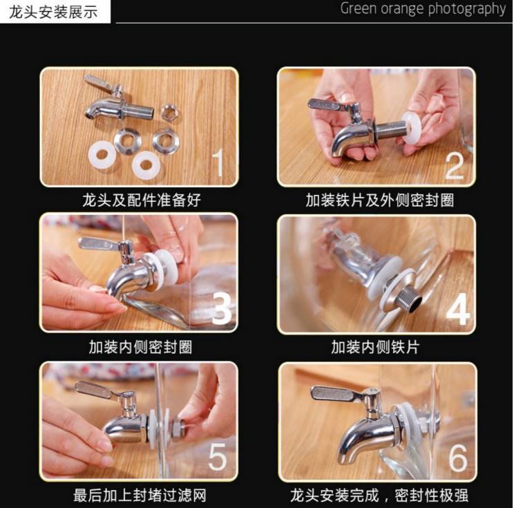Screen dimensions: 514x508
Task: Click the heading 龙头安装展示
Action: tap(53, 12)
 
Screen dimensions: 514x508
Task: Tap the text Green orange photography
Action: tap(423, 9)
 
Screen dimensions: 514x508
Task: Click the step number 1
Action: tap(218, 162)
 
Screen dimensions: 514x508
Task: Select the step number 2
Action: tap(455, 166)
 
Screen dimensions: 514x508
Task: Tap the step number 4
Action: tap(458, 310)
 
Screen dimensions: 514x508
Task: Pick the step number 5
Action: tap(218, 457)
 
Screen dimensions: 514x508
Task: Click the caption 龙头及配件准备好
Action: tap(142, 200)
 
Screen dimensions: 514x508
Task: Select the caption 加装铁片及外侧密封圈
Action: tap(379, 200)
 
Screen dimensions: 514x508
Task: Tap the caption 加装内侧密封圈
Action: tap(141, 347)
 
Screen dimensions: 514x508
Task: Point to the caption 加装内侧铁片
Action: tap(375, 347)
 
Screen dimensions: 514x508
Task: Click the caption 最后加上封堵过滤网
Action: tap(140, 495)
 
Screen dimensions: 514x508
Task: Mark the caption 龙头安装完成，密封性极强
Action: tap(379, 495)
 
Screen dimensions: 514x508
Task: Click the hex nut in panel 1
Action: tap(171, 112)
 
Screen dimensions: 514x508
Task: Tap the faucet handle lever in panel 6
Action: tap(338, 394)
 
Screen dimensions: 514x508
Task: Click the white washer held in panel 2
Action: tap(412, 128)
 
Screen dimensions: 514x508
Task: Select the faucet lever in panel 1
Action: tap(98, 83)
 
